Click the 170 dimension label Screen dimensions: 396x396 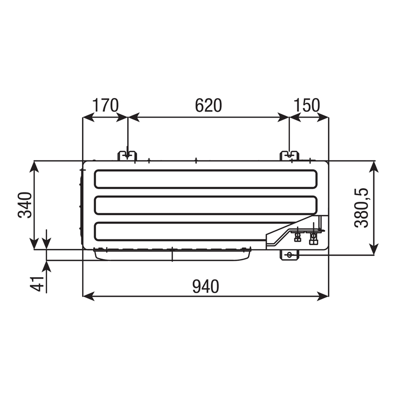pos(105,105)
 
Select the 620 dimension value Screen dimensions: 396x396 pos(208,105)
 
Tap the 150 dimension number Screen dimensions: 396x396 pos(307,105)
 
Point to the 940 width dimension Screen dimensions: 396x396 pos(205,287)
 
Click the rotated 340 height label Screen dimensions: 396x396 pos(25,205)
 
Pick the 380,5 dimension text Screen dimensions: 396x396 pos(361,208)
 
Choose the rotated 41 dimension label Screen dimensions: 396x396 pos(37,284)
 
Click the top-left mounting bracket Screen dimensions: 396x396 pos(127,156)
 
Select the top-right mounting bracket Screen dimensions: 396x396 pos(289,156)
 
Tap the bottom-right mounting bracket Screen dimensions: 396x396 pos(289,255)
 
